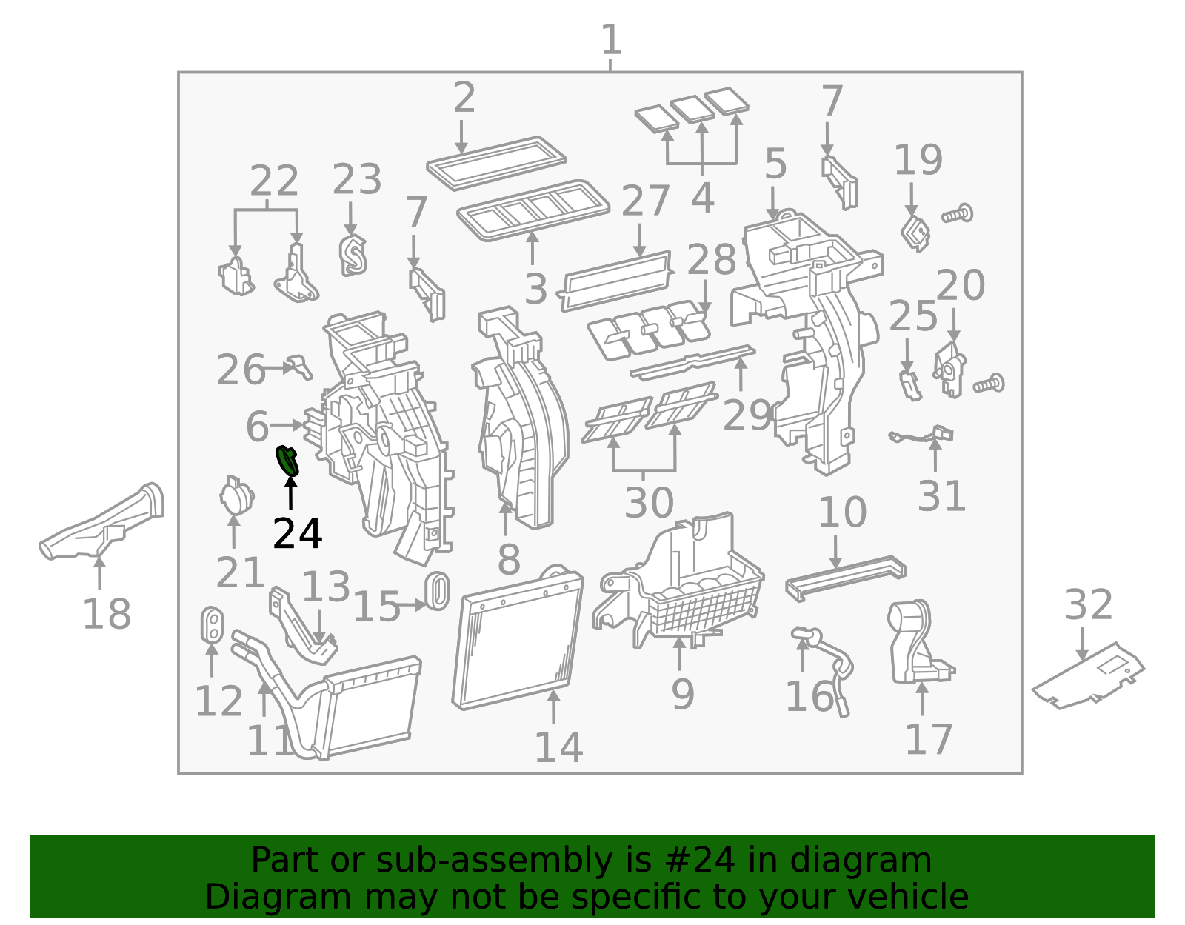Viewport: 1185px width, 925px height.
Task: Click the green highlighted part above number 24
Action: (287, 461)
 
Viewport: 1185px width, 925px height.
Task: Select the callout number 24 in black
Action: (297, 534)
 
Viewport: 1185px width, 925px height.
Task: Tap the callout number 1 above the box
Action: (610, 40)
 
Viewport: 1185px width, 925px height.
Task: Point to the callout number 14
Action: (558, 747)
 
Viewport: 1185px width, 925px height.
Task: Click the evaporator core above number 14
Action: (517, 641)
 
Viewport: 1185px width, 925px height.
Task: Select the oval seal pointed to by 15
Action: (437, 590)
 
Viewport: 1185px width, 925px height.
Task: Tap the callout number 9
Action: (682, 695)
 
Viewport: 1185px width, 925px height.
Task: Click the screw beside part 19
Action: (958, 215)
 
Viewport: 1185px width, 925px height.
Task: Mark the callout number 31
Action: (941, 496)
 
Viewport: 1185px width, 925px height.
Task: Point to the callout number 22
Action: (274, 181)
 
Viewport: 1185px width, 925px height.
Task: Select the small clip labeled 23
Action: (353, 256)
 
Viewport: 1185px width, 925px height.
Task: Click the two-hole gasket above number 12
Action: (212, 624)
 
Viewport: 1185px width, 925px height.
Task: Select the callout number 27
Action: (645, 201)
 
